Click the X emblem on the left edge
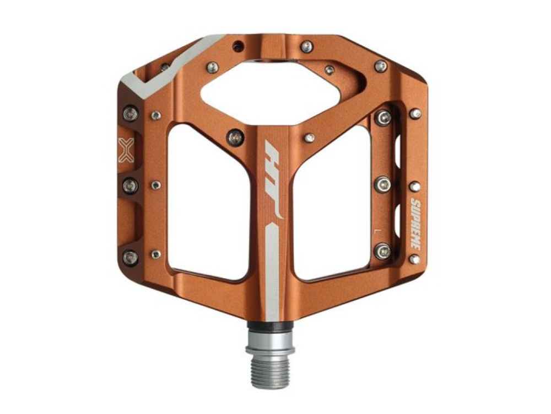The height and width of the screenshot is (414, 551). pyautogui.click(x=126, y=150)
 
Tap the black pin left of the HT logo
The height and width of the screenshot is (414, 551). pyautogui.click(x=235, y=136)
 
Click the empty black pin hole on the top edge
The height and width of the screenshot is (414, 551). pyautogui.click(x=237, y=45)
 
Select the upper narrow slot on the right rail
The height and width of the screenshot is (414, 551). pyautogui.click(x=398, y=148)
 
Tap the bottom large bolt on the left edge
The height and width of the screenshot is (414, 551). pyautogui.click(x=131, y=257)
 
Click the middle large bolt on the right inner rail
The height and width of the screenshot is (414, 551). pyautogui.click(x=382, y=184)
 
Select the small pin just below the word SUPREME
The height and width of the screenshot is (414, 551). pyautogui.click(x=414, y=258)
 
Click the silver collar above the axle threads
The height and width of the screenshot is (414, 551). pyautogui.click(x=270, y=338)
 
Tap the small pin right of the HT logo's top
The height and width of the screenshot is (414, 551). pyautogui.click(x=310, y=137)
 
